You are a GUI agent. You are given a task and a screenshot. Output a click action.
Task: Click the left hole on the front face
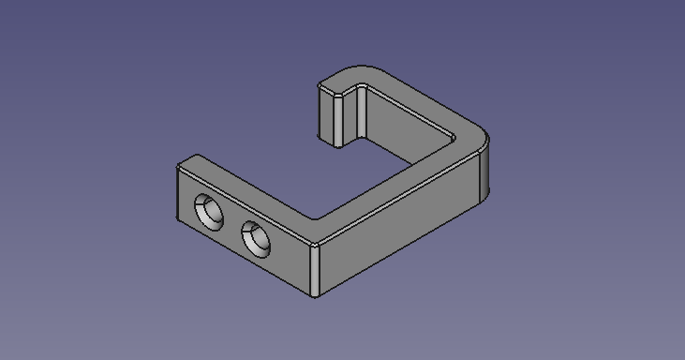[210, 212]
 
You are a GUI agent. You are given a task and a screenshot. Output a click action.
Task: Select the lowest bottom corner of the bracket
[315, 297]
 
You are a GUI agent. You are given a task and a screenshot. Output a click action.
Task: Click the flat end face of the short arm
[330, 116]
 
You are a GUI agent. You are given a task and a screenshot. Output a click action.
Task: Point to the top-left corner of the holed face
[178, 167]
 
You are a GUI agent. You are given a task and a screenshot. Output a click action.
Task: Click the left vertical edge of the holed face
[177, 195]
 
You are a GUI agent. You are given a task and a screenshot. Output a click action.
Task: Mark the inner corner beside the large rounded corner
[456, 142]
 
